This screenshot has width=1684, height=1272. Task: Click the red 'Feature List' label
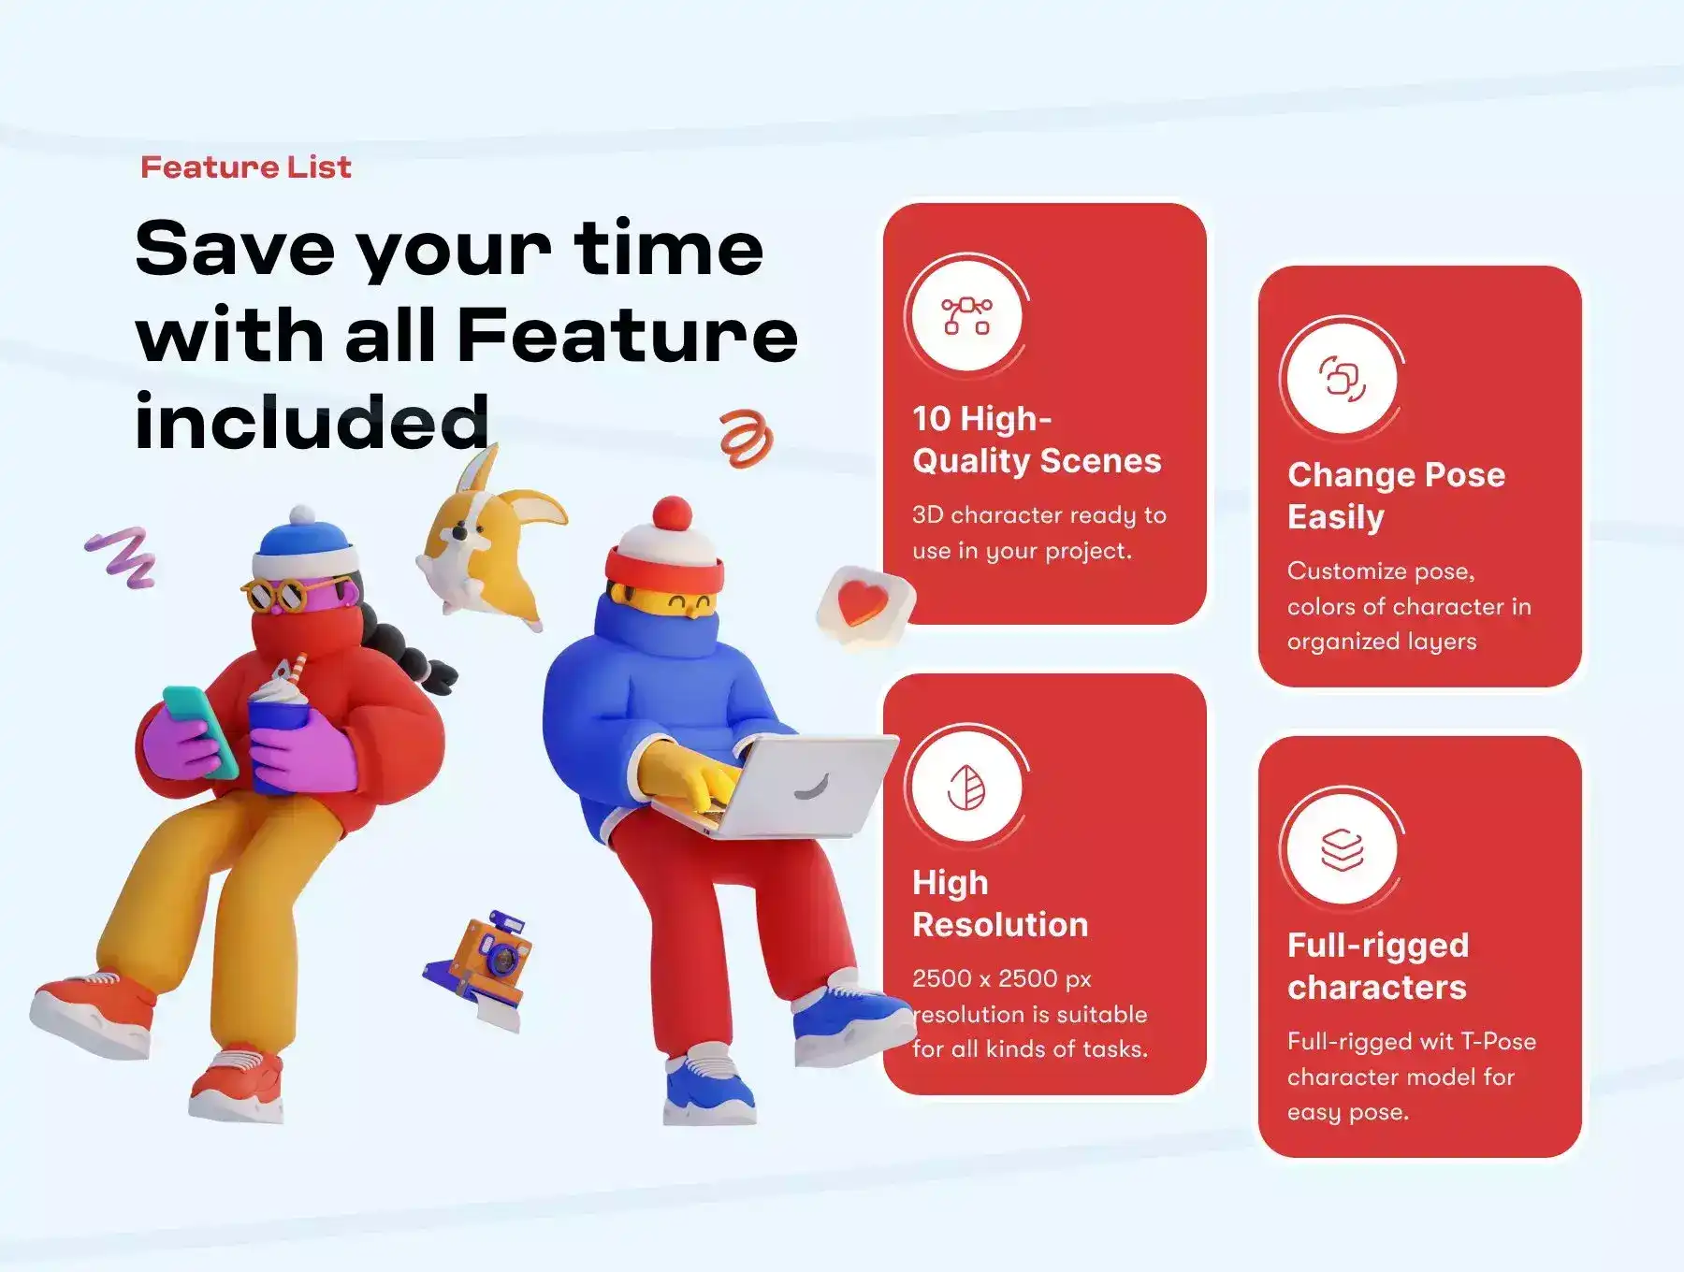click(246, 167)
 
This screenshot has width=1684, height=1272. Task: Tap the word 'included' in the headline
click(312, 421)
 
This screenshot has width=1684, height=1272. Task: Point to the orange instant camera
click(482, 968)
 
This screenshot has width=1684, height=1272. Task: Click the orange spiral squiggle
click(747, 438)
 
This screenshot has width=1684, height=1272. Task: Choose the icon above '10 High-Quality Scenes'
click(966, 316)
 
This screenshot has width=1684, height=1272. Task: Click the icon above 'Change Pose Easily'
click(1343, 379)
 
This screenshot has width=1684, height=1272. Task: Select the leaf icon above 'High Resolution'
click(966, 788)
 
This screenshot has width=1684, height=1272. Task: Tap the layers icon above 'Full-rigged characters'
click(1343, 849)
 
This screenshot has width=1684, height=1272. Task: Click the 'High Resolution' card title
click(1000, 903)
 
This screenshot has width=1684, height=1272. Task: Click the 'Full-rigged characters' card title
click(1378, 966)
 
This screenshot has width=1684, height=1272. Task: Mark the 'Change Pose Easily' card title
click(1396, 496)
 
